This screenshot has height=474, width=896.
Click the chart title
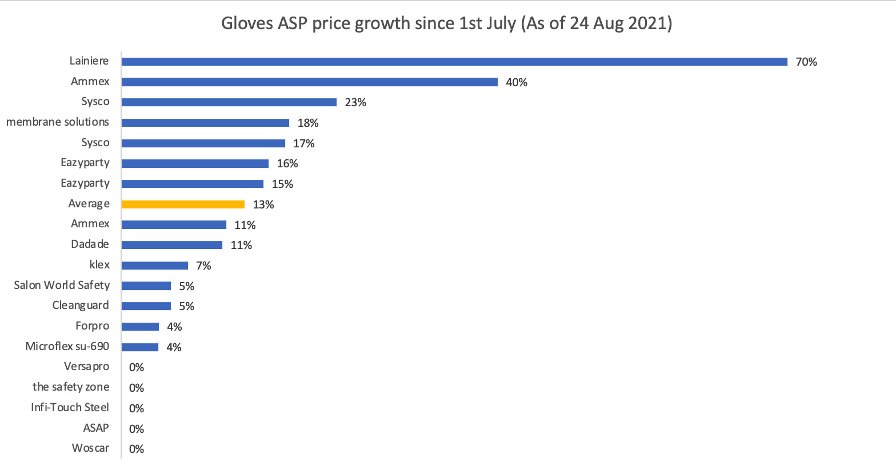pos(446,24)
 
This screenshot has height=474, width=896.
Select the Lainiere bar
pos(454,62)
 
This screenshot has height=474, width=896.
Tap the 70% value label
pos(806,62)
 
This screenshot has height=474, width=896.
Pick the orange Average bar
pos(183,204)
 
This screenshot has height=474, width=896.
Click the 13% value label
pos(263,204)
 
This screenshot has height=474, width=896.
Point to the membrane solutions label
pos(58,122)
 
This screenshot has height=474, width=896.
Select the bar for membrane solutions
pos(205,123)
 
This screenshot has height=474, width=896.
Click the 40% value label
pos(517,82)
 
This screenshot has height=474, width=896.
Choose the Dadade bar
pos(172,245)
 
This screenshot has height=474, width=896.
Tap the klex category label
pos(99,265)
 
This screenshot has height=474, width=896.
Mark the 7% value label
pos(203,266)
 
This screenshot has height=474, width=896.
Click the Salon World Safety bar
pos(146,286)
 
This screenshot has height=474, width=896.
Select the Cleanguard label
pos(81,306)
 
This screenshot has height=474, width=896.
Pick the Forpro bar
pos(140,327)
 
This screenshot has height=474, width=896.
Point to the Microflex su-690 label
pos(67,347)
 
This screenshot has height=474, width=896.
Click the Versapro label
pos(86,367)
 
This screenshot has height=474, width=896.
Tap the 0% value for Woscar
pos(137,449)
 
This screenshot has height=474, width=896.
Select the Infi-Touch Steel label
pos(70,408)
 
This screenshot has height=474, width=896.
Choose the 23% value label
pos(355,103)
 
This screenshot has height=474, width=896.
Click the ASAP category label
pos(96,428)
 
